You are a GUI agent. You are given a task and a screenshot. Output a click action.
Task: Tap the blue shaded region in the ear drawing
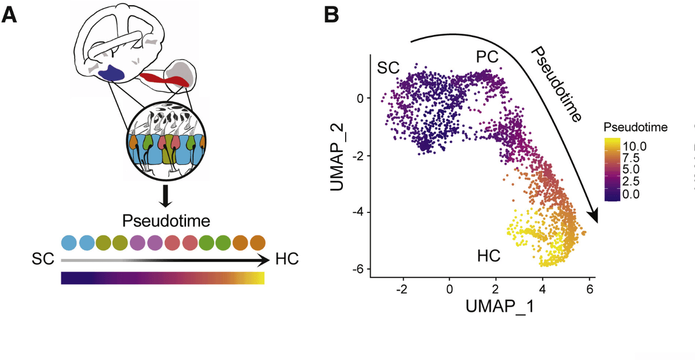point(112,74)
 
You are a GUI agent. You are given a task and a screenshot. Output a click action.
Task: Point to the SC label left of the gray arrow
point(43,260)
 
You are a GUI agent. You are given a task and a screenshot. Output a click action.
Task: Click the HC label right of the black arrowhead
point(287,259)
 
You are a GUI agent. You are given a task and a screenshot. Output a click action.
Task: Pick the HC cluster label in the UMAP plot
point(489,255)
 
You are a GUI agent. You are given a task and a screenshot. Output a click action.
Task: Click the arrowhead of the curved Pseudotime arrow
point(593,215)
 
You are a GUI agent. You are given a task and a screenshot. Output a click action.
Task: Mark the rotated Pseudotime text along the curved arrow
point(556,84)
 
